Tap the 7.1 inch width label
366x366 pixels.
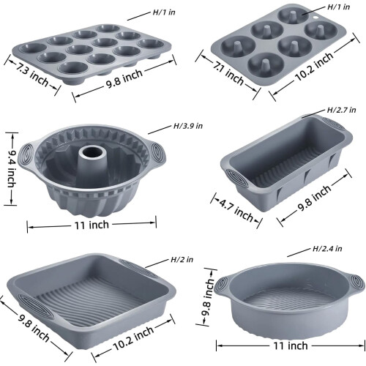[228, 74]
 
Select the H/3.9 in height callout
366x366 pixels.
[188, 126]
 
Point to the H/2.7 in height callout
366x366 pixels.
[341, 110]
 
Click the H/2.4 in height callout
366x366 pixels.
[327, 249]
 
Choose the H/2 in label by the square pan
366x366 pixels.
[182, 259]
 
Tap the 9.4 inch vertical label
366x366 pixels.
[11, 168]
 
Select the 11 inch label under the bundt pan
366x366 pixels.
[91, 225]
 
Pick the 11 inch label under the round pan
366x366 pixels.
[291, 346]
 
